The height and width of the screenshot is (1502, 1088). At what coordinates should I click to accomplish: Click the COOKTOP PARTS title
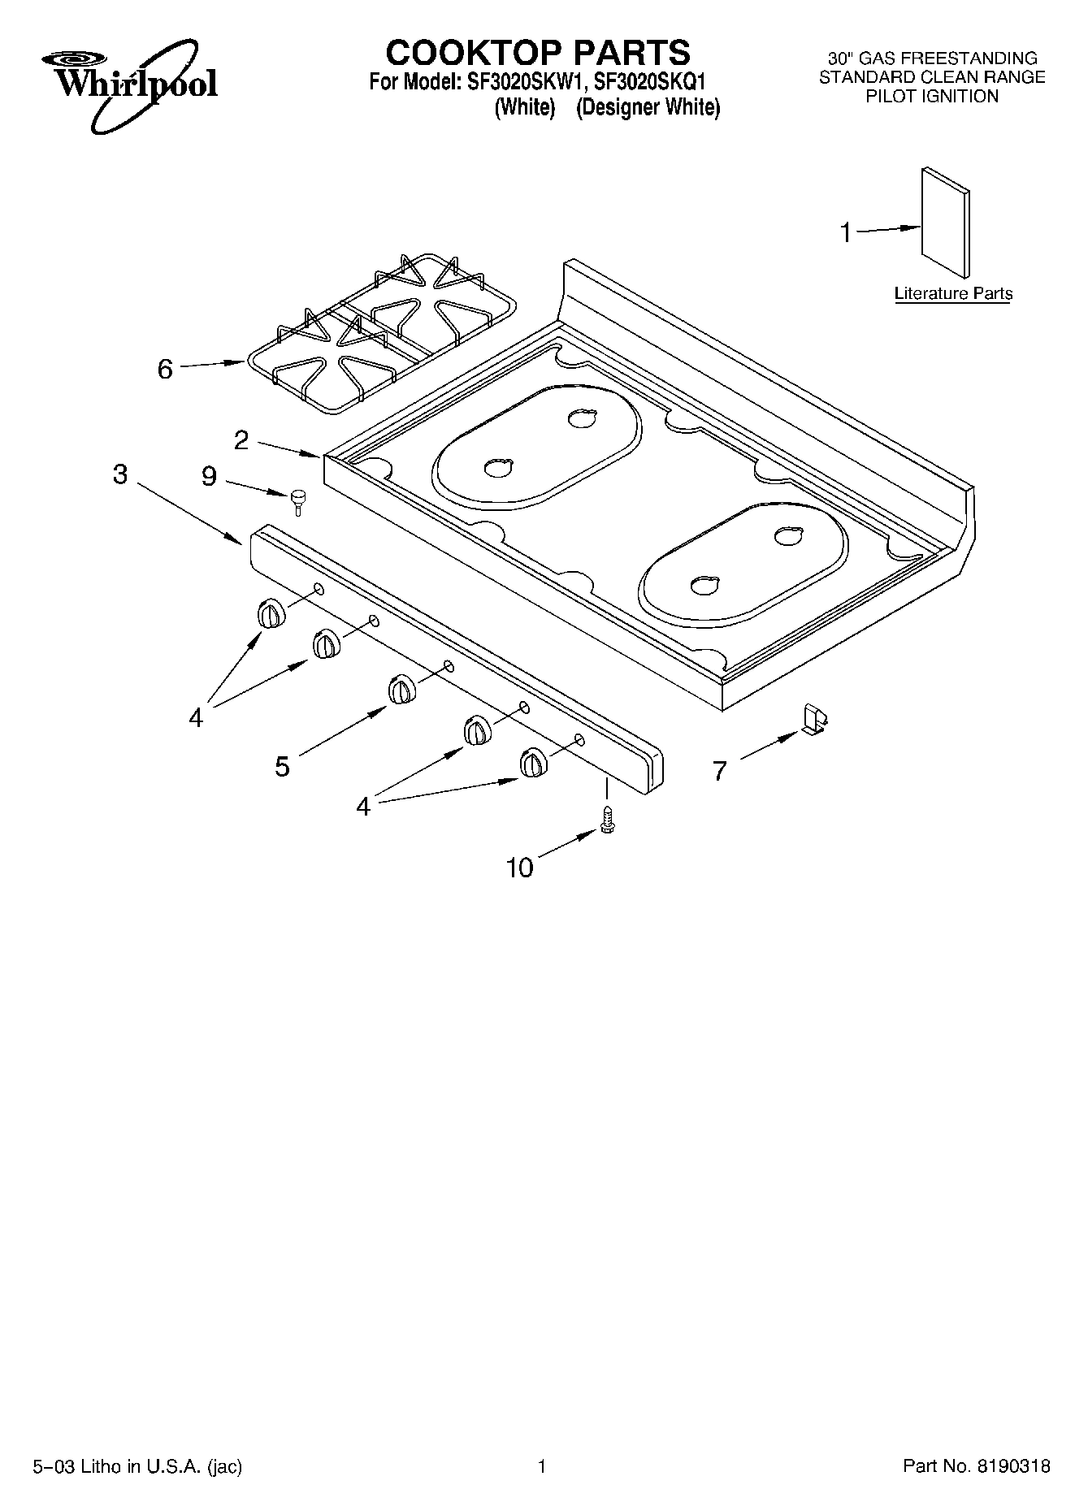click(538, 53)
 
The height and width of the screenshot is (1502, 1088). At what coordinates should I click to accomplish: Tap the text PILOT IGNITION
click(931, 97)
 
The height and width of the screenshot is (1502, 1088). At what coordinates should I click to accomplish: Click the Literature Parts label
click(952, 294)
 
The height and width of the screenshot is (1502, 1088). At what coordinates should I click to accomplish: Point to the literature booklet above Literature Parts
click(945, 223)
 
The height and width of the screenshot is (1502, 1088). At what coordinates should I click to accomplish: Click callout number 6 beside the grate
click(165, 370)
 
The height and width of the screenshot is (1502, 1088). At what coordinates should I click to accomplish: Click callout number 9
click(209, 477)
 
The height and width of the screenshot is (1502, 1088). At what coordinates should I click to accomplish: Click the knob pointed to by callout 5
click(401, 688)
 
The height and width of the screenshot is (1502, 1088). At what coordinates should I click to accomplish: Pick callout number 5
click(282, 766)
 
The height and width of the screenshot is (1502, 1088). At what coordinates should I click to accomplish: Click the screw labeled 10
click(606, 820)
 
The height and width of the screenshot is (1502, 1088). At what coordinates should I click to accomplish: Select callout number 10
click(520, 868)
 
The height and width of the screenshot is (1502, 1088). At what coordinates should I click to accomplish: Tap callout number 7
click(719, 771)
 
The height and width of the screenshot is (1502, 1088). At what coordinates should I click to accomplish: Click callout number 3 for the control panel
click(120, 474)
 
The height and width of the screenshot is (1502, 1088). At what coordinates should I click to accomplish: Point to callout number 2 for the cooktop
click(241, 440)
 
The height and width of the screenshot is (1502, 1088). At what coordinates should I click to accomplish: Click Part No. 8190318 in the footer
click(977, 1466)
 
